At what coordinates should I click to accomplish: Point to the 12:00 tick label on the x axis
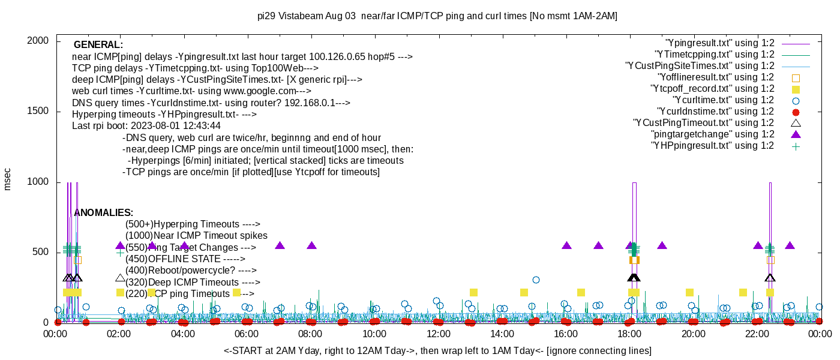[x=438, y=334]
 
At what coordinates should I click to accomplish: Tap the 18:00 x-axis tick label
[x=629, y=334]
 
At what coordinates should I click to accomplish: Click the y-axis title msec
[x=7, y=179]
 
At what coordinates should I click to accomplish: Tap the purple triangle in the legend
[x=796, y=134]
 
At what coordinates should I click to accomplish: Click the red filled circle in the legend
[x=796, y=112]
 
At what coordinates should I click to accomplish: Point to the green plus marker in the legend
[x=796, y=146]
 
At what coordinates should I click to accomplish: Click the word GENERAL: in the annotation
[x=98, y=45]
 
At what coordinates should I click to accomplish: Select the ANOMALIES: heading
[x=103, y=213]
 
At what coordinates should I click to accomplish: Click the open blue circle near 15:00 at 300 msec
[x=536, y=280]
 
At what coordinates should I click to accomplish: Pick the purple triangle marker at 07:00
[x=280, y=245]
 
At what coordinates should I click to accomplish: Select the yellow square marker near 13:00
[x=473, y=292]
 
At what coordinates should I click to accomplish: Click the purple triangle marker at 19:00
[x=662, y=245]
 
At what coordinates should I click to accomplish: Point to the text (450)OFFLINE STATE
[x=185, y=259]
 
